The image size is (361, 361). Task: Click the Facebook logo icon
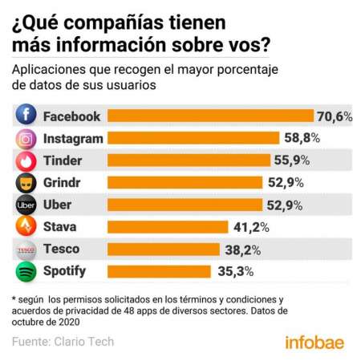(x=26, y=116)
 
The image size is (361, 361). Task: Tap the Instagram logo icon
(x=26, y=138)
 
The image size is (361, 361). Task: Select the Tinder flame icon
(x=26, y=160)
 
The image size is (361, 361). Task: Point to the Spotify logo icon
(x=26, y=272)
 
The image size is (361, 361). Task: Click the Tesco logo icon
(x=26, y=249)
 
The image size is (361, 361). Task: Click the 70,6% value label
(x=335, y=116)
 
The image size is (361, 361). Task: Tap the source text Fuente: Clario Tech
(x=63, y=342)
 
